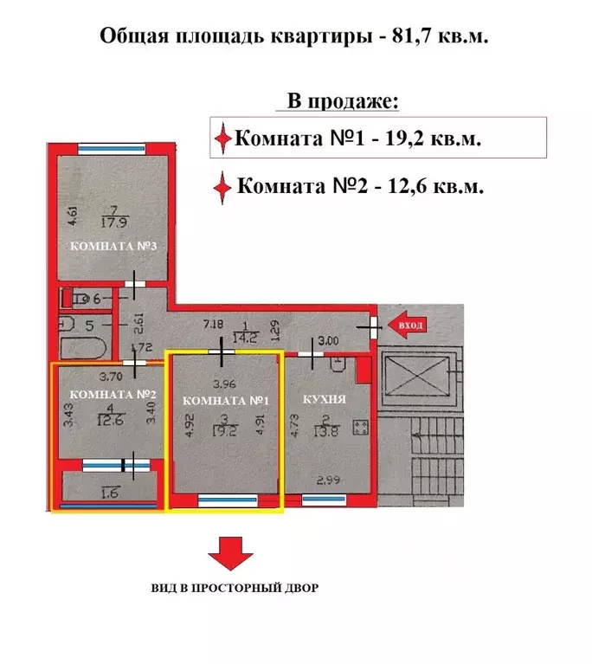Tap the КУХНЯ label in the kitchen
coord(325,400)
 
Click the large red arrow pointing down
coord(230,551)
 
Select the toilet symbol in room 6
coord(76,298)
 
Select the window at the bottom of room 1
coord(227,500)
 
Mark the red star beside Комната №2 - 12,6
coord(223,186)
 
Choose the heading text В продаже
coord(343,101)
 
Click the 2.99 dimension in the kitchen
coord(327,480)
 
